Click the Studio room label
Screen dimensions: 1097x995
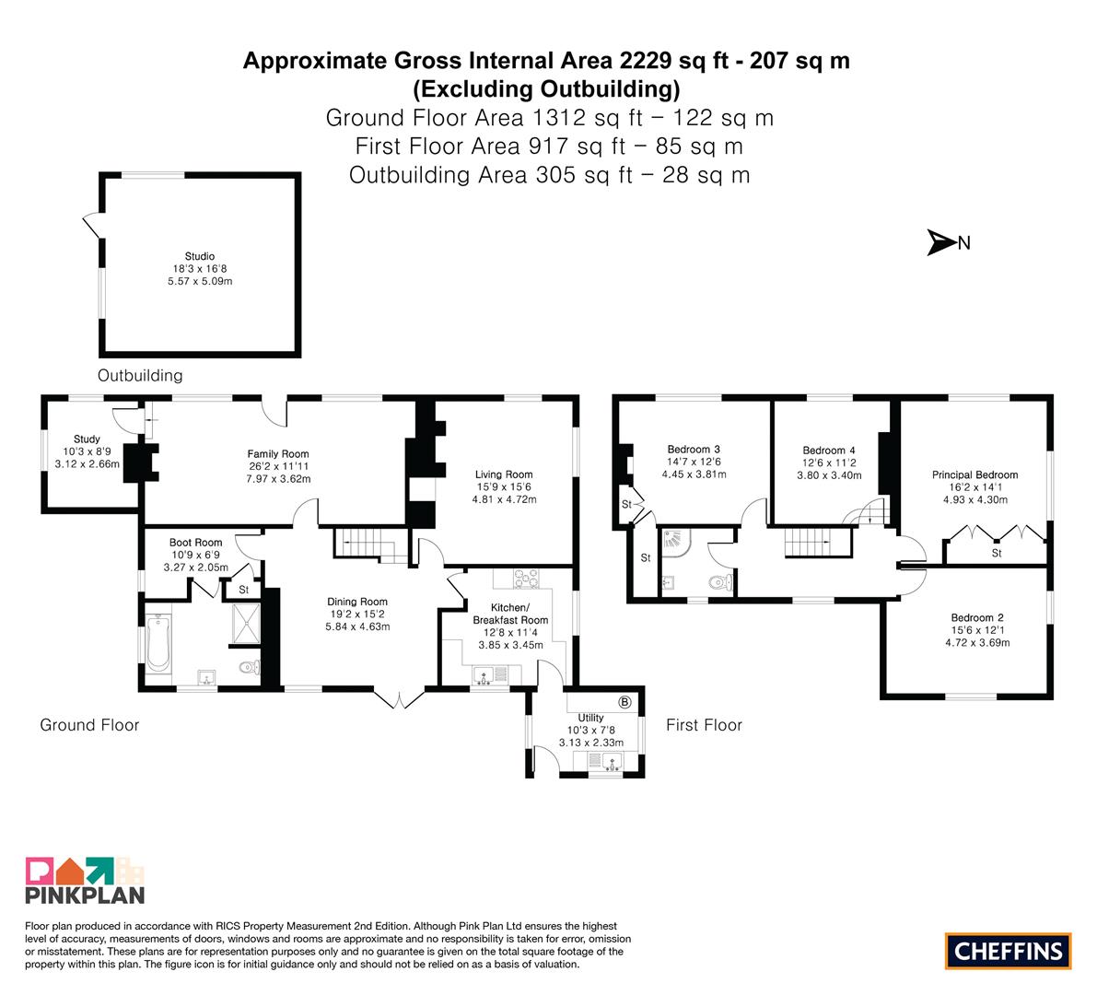point(199,256)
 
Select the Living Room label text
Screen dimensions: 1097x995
point(504,474)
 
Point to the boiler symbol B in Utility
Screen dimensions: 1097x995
point(624,702)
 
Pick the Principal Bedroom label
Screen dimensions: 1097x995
point(974,474)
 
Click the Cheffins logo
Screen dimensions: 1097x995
point(1009,951)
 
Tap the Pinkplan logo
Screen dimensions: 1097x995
point(85,881)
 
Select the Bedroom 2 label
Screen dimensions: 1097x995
point(977,617)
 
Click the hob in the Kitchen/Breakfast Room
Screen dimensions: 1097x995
point(527,579)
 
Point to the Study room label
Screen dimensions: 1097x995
point(87,439)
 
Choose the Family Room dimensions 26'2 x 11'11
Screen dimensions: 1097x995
point(278,466)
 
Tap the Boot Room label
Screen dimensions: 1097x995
point(196,543)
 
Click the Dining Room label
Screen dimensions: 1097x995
point(357,602)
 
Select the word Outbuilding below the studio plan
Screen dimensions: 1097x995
point(140,376)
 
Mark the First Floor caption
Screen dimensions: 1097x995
point(704,725)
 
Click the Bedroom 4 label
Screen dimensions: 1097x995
point(829,450)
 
